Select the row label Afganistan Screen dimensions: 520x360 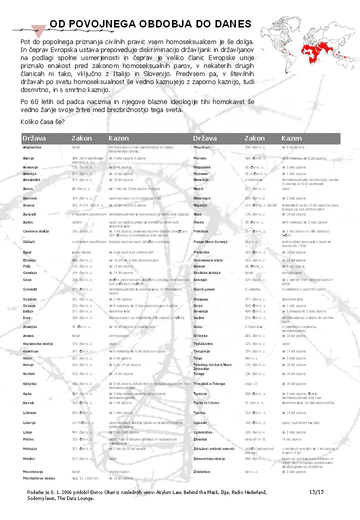tap(32, 147)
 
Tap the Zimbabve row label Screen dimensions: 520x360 tap(204, 471)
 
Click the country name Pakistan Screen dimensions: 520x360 tap(202, 231)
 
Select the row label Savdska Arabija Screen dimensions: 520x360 tap(207, 273)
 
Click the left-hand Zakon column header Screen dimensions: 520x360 tap(81, 138)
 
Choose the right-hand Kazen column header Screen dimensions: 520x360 tap(291, 138)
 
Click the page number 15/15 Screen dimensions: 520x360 tap(316, 492)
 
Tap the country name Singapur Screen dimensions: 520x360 tap(202, 299)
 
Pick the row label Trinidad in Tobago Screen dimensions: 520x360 tap(209, 383)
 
